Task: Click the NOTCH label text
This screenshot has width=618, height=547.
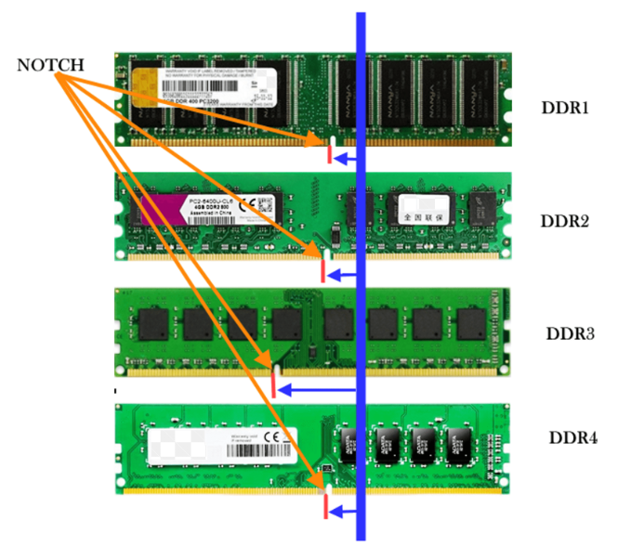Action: [x=51, y=66]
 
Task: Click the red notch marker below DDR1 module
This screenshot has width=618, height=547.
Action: [x=329, y=157]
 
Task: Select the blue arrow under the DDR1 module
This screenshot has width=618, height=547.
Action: [x=346, y=160]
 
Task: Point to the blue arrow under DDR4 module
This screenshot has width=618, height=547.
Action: [x=344, y=511]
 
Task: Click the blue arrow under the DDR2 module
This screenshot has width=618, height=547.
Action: [x=343, y=275]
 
